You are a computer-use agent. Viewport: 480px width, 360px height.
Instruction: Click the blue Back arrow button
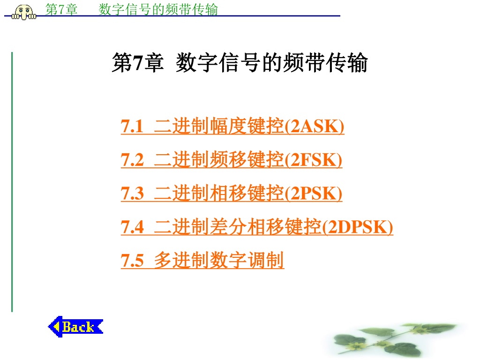(x=75, y=327)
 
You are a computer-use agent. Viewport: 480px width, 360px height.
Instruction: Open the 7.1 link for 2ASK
(x=232, y=126)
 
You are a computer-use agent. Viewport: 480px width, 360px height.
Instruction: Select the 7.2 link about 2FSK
(x=232, y=159)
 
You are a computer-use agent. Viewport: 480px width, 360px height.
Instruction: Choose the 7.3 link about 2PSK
(x=232, y=193)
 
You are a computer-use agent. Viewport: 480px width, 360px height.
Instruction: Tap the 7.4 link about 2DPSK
(x=257, y=227)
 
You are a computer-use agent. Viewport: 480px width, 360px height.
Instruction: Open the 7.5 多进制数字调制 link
(x=202, y=261)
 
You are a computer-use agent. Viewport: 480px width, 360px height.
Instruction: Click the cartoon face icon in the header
(x=24, y=12)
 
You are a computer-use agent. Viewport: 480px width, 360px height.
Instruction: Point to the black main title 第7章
(x=138, y=63)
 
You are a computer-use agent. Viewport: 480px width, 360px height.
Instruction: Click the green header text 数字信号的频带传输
(x=158, y=9)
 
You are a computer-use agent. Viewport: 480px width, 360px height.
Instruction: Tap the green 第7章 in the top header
(x=61, y=9)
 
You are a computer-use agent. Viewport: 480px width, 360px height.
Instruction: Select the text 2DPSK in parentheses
(x=357, y=227)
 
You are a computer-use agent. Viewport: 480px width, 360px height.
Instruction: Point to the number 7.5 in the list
(x=132, y=261)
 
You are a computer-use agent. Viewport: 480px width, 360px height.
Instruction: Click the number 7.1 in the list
(x=132, y=126)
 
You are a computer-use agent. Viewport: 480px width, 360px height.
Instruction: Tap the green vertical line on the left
(x=12, y=182)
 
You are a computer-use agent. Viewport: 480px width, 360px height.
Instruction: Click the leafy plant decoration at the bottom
(x=395, y=340)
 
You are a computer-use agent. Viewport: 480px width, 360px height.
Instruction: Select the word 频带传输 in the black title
(x=325, y=63)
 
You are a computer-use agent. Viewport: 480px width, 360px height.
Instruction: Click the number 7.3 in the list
(x=132, y=194)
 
